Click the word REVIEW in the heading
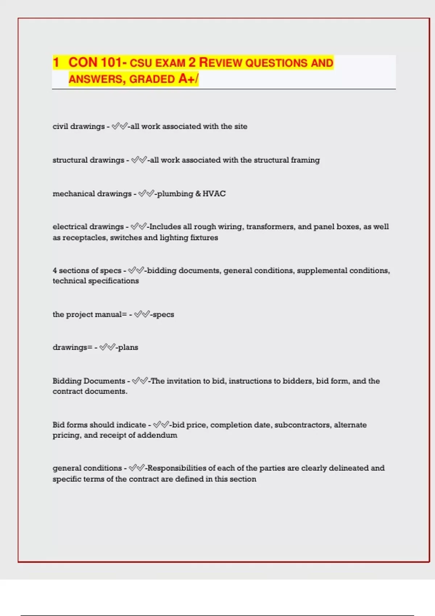pos(220,63)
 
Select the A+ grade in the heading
pos(187,79)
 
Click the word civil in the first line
pos(60,126)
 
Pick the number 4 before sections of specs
pos(55,271)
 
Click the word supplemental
pos(320,271)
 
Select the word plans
pos(128,347)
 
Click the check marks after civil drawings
pos(120,126)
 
